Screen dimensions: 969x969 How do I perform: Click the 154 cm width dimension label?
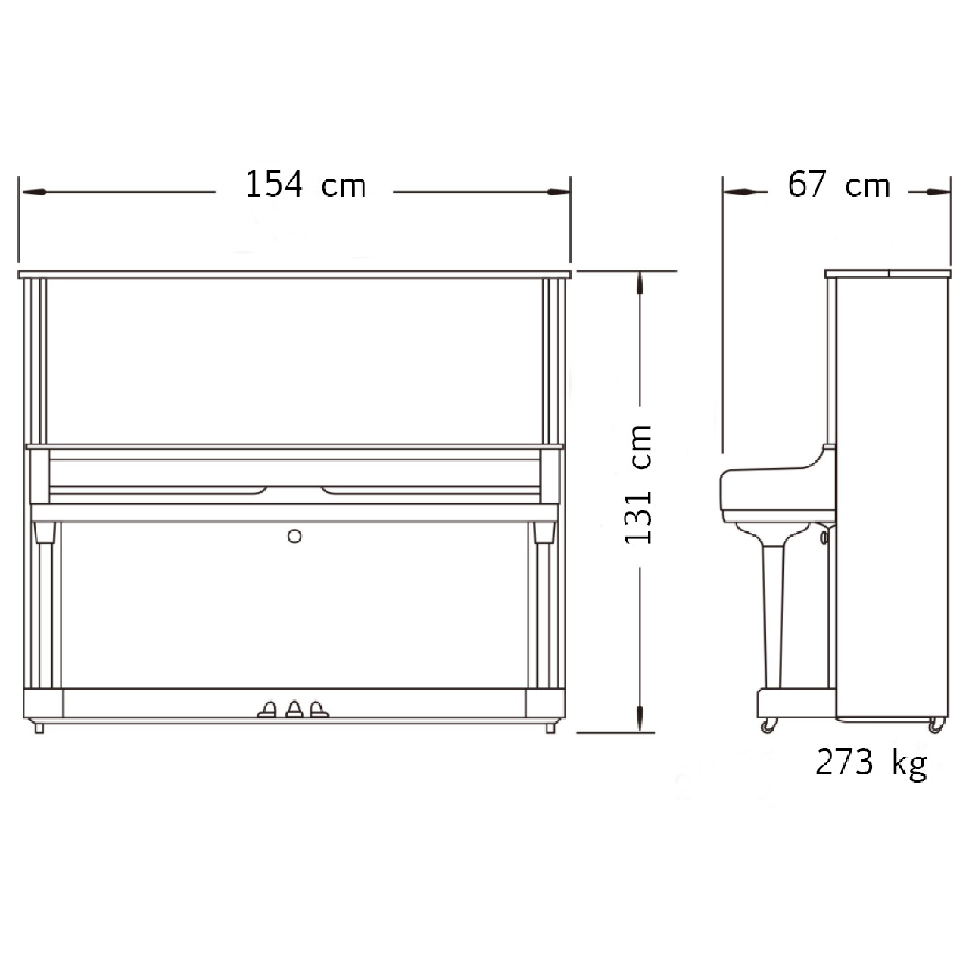[305, 185]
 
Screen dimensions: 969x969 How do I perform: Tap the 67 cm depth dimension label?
[839, 185]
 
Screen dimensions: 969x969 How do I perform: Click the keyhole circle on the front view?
[294, 537]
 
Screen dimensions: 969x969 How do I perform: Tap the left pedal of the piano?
[267, 709]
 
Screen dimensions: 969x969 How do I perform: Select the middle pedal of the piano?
[294, 709]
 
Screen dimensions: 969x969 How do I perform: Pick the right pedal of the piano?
[319, 709]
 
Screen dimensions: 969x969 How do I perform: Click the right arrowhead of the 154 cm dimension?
[558, 192]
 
